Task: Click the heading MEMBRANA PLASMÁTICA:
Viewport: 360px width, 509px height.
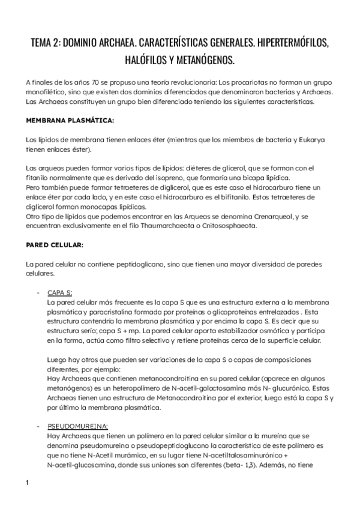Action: [70, 121]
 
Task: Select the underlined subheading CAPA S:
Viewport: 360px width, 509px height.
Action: [59, 292]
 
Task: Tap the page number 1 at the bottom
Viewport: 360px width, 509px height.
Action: [28, 484]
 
